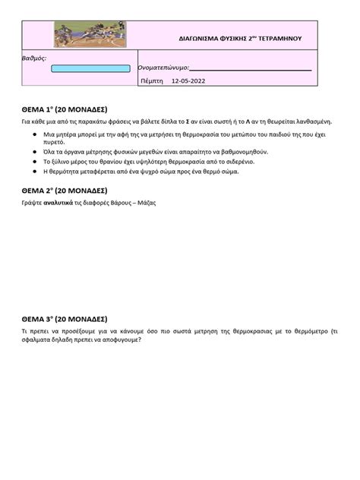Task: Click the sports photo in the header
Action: pyautogui.click(x=89, y=35)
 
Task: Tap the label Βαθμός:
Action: pyautogui.click(x=35, y=58)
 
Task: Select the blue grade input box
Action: pyautogui.click(x=90, y=69)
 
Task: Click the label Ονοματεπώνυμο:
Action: pyautogui.click(x=163, y=68)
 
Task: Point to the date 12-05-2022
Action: pyautogui.click(x=188, y=81)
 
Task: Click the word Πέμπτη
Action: pyautogui.click(x=152, y=81)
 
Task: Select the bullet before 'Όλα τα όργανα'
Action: pyautogui.click(x=35, y=152)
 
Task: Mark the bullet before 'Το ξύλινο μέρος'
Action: pyautogui.click(x=35, y=162)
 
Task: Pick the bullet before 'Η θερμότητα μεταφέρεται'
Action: pyautogui.click(x=35, y=172)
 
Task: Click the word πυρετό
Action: pyautogui.click(x=54, y=142)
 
